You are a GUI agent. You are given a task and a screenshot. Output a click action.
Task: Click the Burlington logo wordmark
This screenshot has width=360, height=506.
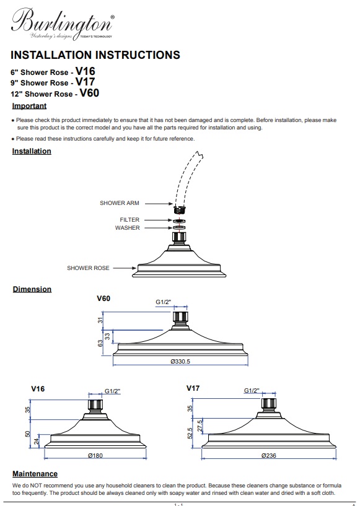tap(63, 22)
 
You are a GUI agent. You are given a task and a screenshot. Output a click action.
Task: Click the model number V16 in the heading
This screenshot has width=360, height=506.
tap(86, 71)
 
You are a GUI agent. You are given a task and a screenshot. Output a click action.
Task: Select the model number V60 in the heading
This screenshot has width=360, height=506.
tap(89, 93)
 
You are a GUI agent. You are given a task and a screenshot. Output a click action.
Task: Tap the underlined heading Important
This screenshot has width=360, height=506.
tap(29, 106)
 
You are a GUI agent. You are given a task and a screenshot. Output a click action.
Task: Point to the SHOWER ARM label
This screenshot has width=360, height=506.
tap(120, 203)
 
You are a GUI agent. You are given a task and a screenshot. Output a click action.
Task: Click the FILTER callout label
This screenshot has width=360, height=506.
tap(130, 220)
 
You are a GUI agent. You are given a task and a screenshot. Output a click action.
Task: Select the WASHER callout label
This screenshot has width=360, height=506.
tap(128, 228)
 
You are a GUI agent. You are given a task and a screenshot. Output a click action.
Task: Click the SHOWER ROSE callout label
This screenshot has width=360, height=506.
tap(88, 268)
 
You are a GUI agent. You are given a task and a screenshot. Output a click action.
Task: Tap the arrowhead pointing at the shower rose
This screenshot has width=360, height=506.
tap(134, 268)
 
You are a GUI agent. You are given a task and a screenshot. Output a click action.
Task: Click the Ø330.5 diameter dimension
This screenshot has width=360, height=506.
tap(180, 362)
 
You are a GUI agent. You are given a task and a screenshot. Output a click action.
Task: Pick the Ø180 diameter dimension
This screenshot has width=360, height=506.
tap(95, 455)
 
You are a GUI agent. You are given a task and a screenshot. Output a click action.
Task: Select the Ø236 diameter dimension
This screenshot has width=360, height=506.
tap(269, 455)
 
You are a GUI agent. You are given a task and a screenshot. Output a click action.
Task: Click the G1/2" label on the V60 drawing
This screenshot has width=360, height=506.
tap(164, 302)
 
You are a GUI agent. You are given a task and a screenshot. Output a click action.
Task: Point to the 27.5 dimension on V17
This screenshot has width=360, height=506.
tap(200, 426)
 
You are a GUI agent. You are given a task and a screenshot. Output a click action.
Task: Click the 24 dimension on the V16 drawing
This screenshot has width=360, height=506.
tap(37, 441)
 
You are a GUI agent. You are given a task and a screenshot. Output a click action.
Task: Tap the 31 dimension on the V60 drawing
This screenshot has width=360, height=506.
tap(100, 320)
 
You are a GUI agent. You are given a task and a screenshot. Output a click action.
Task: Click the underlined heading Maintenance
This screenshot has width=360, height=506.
tap(35, 474)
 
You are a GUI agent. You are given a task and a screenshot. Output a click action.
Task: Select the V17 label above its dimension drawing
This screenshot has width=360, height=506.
tap(193, 388)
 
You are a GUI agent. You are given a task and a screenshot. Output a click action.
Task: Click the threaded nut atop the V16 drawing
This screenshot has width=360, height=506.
tap(95, 405)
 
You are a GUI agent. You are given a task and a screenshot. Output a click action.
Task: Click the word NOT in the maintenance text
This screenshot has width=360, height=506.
tap(36, 486)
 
